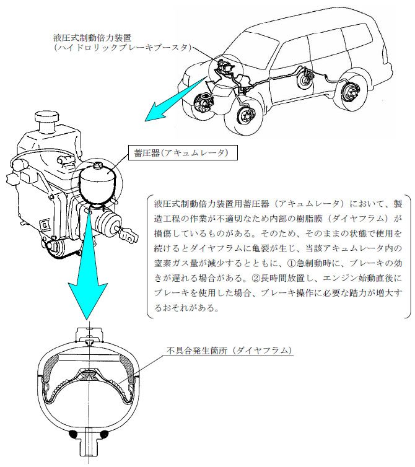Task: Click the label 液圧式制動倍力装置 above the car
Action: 92,38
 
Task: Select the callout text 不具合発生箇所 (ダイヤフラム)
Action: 229,351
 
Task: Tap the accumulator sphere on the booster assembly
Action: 97,184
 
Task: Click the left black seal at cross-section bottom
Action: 73,435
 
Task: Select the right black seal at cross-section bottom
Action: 104,435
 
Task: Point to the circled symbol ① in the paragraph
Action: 291,263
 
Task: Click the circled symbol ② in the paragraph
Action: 256,278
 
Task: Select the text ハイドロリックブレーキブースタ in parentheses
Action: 123,48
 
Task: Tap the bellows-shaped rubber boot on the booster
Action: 109,222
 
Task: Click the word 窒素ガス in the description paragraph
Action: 172,263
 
